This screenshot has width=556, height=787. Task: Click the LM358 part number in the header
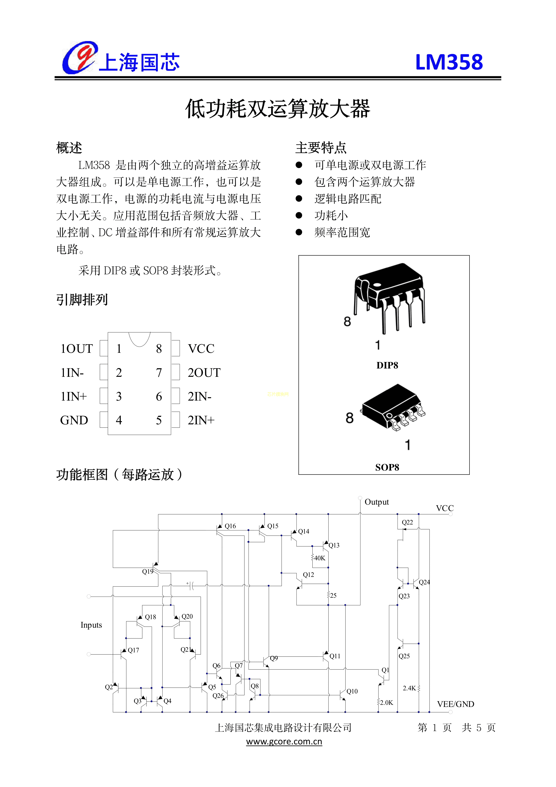[449, 62]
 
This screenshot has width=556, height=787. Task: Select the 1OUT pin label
[76, 349]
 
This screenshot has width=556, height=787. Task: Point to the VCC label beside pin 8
[201, 349]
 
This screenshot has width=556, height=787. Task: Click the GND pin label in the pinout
[74, 420]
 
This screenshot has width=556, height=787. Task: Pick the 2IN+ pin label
[201, 420]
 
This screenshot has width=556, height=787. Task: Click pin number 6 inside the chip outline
[159, 397]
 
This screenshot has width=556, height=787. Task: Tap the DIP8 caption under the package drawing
[387, 365]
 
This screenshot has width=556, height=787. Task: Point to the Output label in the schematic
[376, 502]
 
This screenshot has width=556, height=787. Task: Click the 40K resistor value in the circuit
[320, 558]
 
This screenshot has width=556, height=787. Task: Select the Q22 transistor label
[407, 522]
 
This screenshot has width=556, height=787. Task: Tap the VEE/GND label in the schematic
[456, 704]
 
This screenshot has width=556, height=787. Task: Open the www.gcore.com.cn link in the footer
[284, 741]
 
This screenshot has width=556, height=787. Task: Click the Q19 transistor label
[148, 571]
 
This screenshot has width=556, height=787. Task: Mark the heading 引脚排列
[82, 300]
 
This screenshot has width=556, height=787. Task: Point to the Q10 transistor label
[352, 691]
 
